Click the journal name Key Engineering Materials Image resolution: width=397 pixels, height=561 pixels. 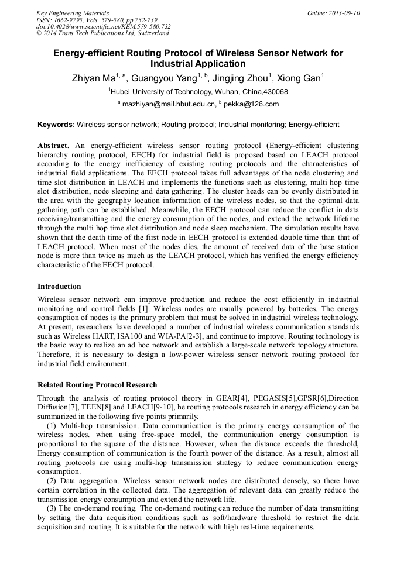tap(72, 13)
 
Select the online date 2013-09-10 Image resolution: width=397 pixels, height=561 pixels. tap(343, 13)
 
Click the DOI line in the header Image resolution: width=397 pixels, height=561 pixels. tap(104, 26)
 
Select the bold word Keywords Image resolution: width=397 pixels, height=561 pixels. tap(56, 125)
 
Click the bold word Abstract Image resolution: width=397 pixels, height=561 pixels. tap(53, 144)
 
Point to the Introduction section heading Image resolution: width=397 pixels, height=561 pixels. tap(59, 287)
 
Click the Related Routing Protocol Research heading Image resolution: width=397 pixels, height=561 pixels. tap(97, 385)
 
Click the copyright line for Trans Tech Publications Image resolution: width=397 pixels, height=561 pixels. tap(102, 33)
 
